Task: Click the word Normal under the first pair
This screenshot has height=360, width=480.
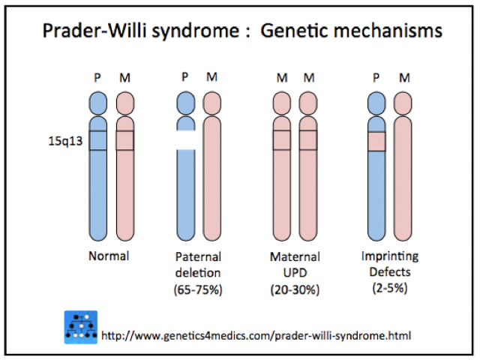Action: (x=108, y=256)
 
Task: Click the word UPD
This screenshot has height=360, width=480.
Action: (x=295, y=271)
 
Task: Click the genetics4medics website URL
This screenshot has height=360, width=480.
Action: (x=256, y=334)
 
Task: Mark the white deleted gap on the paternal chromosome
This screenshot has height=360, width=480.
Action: (x=187, y=140)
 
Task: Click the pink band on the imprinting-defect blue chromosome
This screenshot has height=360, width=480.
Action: (x=376, y=141)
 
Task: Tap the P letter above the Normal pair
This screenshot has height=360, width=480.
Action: (x=98, y=77)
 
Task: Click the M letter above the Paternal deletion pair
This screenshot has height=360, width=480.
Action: (x=212, y=77)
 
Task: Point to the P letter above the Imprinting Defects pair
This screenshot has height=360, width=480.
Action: (x=376, y=77)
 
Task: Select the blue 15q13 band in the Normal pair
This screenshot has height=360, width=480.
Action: (x=98, y=140)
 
